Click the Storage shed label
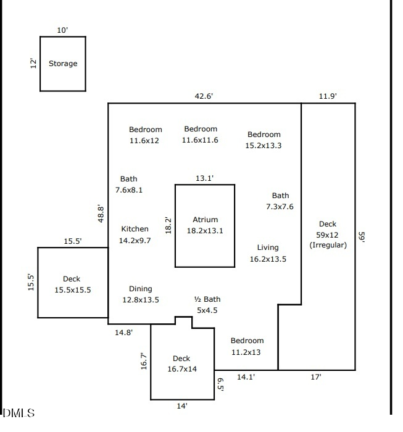point(63,64)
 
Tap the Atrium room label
point(205,220)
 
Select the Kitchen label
point(135,229)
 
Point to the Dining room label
point(140,289)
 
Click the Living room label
point(268,248)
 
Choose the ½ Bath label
point(207,300)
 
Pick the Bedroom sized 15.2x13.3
point(264,135)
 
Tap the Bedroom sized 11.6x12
point(145,130)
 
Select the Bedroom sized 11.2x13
point(247,341)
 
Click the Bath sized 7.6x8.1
point(128,180)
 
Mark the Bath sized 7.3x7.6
point(280,196)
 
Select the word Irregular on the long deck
point(328,245)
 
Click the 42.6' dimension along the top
point(204,96)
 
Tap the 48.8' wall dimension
point(101,213)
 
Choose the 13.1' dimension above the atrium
point(204,178)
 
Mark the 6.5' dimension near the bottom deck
point(220,384)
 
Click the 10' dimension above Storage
point(62,30)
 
